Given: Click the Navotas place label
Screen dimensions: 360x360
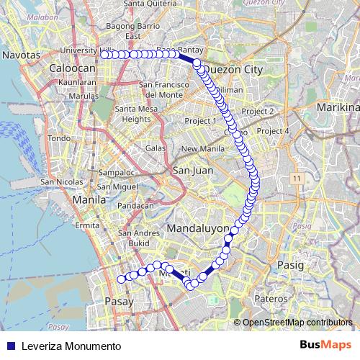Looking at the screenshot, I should pyautogui.click(x=20, y=54).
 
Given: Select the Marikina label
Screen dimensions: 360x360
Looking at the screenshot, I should pyautogui.click(x=336, y=108).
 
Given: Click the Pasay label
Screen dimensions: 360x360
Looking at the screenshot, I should pyautogui.click(x=118, y=301).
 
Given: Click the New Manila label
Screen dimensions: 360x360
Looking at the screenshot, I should pyautogui.click(x=199, y=149).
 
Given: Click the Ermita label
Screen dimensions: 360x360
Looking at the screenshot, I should pyautogui.click(x=91, y=225).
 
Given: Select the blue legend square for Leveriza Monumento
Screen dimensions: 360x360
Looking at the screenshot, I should pyautogui.click(x=10, y=346).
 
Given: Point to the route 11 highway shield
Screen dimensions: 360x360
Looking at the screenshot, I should pyautogui.click(x=296, y=176).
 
